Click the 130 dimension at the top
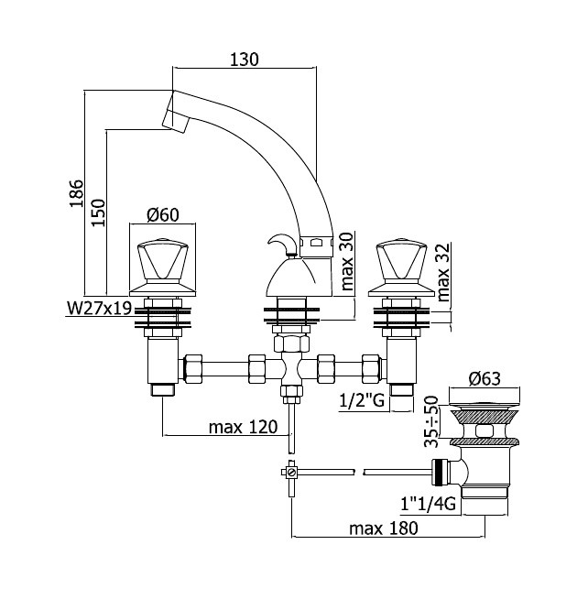245,60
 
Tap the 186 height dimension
77,193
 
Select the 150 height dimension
98,212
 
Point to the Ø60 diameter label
163,214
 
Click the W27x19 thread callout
100,309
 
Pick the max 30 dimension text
347,261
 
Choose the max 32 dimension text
443,272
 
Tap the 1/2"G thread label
362,400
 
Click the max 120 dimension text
244,427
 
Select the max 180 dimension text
384,528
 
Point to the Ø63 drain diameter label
485,378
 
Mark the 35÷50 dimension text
431,421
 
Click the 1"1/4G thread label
428,504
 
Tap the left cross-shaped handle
162,267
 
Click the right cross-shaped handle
401,267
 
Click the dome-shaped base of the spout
291,277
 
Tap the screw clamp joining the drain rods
290,473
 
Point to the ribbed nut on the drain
440,473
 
